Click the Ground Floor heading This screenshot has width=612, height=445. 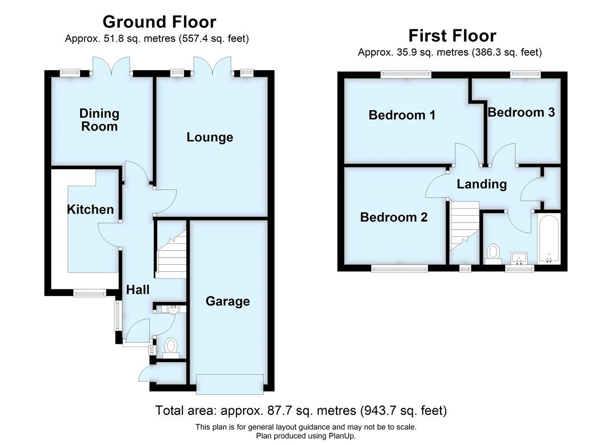click(159, 22)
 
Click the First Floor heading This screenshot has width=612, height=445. click(452, 36)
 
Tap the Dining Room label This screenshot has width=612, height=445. click(99, 120)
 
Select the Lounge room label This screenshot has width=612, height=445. click(210, 137)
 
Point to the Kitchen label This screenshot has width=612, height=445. click(90, 209)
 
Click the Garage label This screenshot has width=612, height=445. click(228, 301)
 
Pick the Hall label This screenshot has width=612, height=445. click(137, 289)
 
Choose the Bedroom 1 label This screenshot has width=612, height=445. click(402, 115)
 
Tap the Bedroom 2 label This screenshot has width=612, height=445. click(394, 217)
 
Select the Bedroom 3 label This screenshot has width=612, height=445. click(521, 112)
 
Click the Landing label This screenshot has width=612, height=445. click(482, 184)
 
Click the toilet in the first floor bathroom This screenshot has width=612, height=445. click(492, 253)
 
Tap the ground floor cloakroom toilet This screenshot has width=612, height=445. click(170, 347)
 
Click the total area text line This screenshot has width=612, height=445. click(301, 411)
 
